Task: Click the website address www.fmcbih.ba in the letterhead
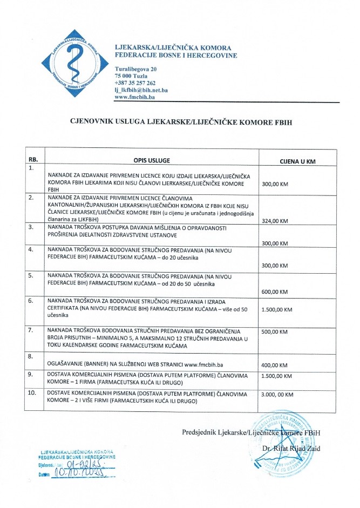[135, 97]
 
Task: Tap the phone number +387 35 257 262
[135, 83]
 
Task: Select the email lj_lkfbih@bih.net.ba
[141, 90]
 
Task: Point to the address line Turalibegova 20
[136, 70]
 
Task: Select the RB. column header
[33, 160]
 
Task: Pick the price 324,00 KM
[275, 221]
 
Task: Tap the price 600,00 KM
[275, 292]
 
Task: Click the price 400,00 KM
[275, 364]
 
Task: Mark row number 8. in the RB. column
[31, 356]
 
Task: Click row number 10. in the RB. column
[32, 390]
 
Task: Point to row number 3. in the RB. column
[31, 228]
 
